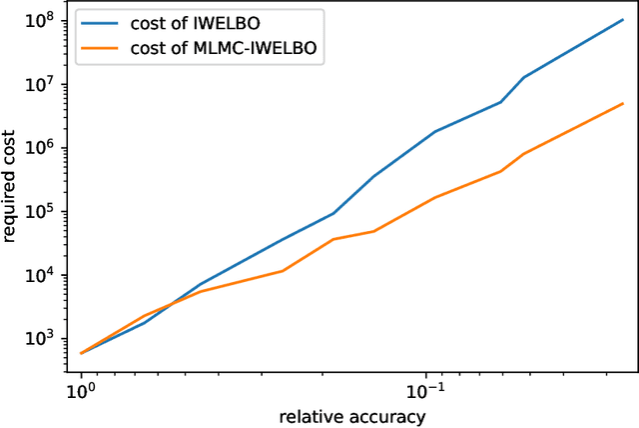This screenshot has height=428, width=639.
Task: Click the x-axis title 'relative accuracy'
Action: [352, 415]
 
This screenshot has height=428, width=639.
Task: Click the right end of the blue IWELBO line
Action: [623, 19]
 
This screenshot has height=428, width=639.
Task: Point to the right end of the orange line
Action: [623, 103]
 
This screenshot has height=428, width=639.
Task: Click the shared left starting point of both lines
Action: [81, 353]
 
